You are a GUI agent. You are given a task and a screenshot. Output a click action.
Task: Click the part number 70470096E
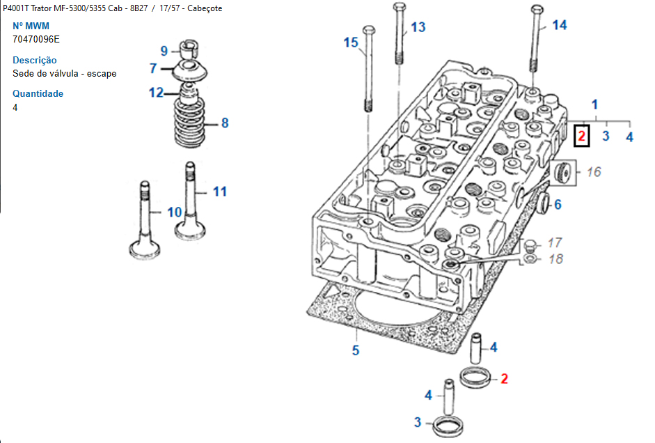[x=36, y=39]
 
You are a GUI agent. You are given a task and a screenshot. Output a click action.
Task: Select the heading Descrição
[x=35, y=60]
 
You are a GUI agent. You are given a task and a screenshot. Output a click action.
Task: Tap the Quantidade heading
[x=38, y=93]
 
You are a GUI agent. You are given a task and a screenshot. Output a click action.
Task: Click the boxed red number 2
[x=581, y=137]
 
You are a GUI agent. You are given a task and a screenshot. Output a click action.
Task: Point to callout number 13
[x=418, y=27]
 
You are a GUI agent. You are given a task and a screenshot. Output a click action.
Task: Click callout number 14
[x=560, y=25]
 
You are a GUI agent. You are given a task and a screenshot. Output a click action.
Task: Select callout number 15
[x=351, y=42]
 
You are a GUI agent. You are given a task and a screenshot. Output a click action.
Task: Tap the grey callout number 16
[x=594, y=172]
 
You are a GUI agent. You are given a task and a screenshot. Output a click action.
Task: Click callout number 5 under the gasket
[x=356, y=350]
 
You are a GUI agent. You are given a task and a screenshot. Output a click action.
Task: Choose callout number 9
[x=164, y=51]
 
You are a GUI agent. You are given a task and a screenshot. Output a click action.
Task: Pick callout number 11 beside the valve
[x=220, y=192]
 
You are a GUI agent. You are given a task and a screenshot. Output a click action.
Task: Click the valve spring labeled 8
[x=189, y=122]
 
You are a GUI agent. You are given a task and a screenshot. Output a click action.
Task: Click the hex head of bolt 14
[x=537, y=9]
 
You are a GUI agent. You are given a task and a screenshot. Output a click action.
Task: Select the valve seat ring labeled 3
[x=448, y=426]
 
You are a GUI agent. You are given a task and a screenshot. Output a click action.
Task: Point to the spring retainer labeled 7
[x=190, y=70]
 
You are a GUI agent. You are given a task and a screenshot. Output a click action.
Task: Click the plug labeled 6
[x=544, y=203]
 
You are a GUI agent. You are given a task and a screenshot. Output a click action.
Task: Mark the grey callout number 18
[x=556, y=259]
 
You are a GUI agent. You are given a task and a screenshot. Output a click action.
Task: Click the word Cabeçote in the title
[x=205, y=8]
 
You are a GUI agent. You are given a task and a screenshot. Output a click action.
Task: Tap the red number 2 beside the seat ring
[x=504, y=379]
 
